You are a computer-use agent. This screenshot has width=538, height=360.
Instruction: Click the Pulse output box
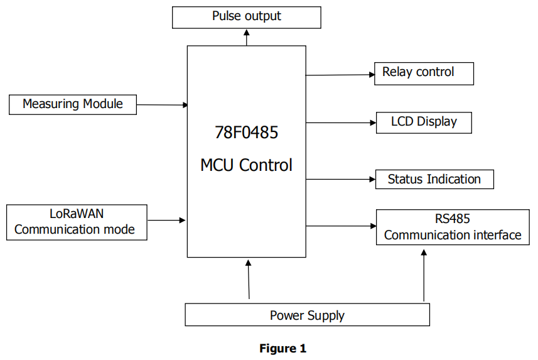point(247,16)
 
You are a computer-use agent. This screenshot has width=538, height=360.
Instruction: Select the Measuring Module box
point(73,104)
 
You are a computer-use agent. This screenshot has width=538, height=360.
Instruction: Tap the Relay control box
point(424,73)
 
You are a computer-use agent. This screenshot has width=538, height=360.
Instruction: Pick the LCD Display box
point(424,122)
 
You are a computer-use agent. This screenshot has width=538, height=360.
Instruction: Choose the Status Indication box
point(434,179)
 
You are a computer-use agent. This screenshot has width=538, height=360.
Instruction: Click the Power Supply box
point(307,315)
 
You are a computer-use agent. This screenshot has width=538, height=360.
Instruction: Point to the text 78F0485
point(246,133)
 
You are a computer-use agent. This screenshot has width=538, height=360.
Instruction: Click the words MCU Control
point(246,165)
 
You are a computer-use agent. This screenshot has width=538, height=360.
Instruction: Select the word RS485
point(452,219)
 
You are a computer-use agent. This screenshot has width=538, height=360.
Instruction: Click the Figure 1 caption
point(282,348)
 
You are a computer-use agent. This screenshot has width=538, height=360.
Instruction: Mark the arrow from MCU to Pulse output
point(247,37)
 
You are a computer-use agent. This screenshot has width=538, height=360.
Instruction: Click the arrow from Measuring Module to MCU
point(162,105)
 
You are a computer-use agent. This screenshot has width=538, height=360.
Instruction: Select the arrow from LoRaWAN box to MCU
point(166,220)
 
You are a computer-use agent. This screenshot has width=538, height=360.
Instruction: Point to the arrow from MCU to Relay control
point(340,75)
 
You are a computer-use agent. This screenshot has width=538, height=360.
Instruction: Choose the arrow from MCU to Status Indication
point(340,179)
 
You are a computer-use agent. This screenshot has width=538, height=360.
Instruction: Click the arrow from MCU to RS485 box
point(341,226)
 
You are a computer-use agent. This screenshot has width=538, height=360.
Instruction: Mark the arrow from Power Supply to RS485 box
point(424,275)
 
